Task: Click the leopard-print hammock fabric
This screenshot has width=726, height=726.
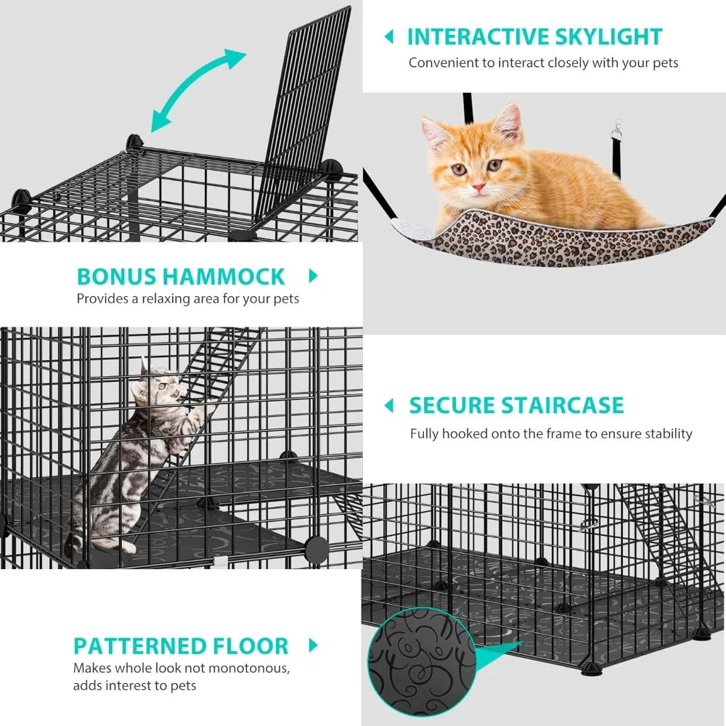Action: (x=552, y=240)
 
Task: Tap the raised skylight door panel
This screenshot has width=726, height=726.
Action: (x=305, y=109)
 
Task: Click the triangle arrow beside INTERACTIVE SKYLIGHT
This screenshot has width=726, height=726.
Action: (x=389, y=36)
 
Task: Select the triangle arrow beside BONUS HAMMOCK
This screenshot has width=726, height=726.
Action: (x=314, y=276)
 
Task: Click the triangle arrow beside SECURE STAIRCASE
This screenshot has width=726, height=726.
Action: (x=389, y=405)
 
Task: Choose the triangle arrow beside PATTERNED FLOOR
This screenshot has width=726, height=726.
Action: (x=314, y=645)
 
